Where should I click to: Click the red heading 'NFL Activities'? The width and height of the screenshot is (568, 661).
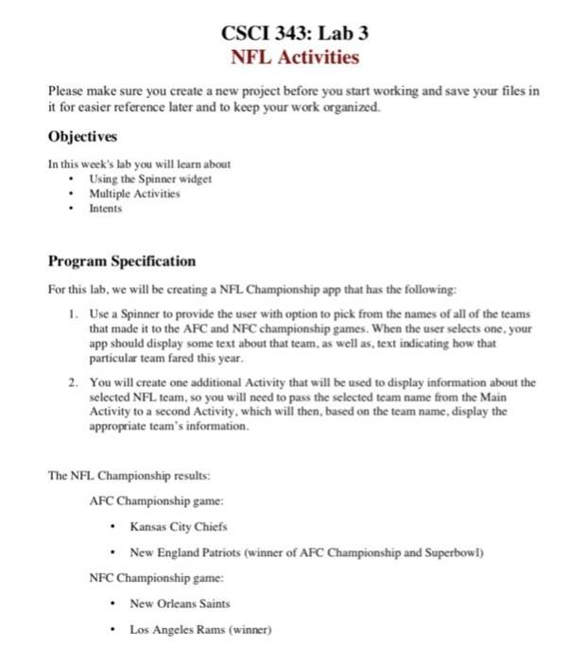[x=295, y=58]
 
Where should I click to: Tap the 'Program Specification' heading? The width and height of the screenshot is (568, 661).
[x=123, y=261]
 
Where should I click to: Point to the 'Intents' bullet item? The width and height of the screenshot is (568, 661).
[x=106, y=207]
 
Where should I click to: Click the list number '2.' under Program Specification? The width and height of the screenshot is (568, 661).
[x=73, y=382]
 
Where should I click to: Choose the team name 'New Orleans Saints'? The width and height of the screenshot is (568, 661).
[x=180, y=602]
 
